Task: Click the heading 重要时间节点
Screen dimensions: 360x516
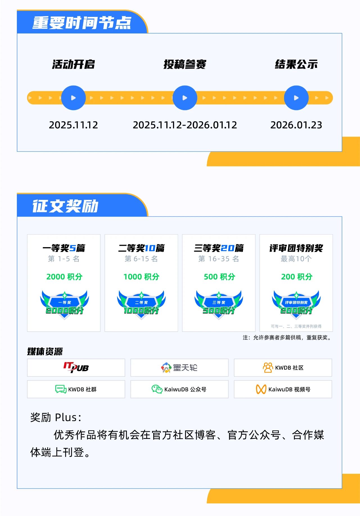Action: pyautogui.click(x=82, y=23)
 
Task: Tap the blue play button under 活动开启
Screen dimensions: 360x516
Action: pyautogui.click(x=73, y=98)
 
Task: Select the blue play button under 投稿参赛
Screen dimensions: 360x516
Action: pyautogui.click(x=185, y=98)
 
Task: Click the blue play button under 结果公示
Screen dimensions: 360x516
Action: pyautogui.click(x=296, y=98)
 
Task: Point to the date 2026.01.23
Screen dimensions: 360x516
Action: pyautogui.click(x=296, y=125)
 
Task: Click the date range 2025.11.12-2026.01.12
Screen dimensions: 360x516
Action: pyautogui.click(x=185, y=125)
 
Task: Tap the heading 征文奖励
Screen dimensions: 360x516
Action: pyautogui.click(x=65, y=206)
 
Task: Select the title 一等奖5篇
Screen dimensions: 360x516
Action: pyautogui.click(x=64, y=248)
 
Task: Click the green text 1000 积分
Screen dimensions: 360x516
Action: pyautogui.click(x=141, y=277)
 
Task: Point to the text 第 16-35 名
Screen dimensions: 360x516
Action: pyautogui.click(x=219, y=259)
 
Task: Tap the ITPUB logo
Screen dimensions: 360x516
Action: pyautogui.click(x=76, y=367)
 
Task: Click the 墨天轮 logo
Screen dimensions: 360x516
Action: pyautogui.click(x=179, y=368)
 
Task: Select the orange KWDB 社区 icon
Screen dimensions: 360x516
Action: pyautogui.click(x=268, y=368)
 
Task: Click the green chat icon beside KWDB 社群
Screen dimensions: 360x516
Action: pyautogui.click(x=61, y=389)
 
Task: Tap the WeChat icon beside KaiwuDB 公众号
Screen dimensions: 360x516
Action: pyautogui.click(x=157, y=389)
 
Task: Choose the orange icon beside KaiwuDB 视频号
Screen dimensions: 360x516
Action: pyautogui.click(x=261, y=389)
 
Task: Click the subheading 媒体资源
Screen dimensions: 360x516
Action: pyautogui.click(x=45, y=351)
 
